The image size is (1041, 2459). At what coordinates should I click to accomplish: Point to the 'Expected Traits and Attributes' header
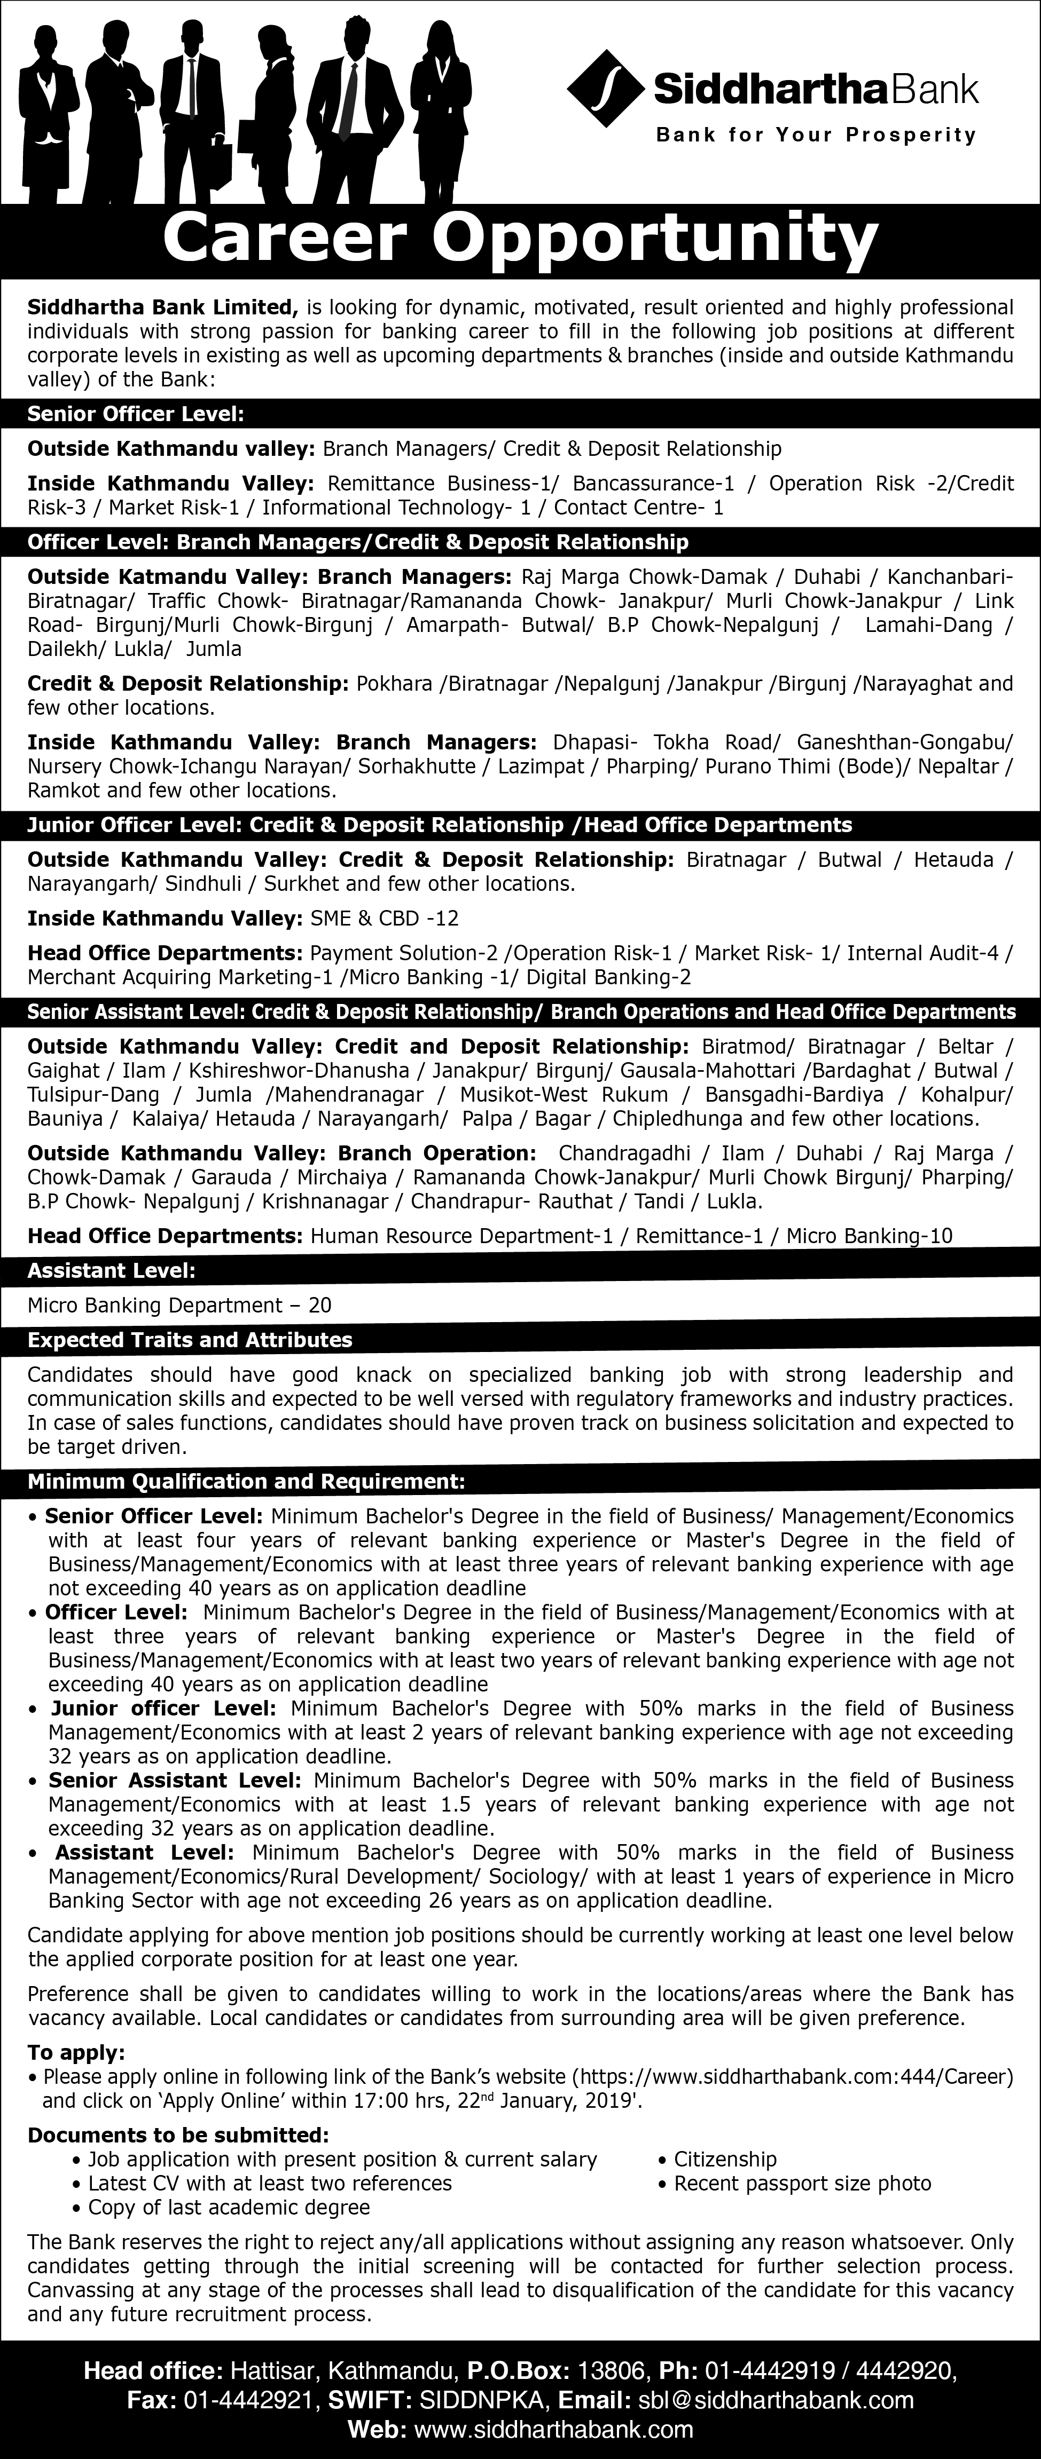[x=190, y=1339]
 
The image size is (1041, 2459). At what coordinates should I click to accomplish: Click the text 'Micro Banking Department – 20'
[x=179, y=1305]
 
